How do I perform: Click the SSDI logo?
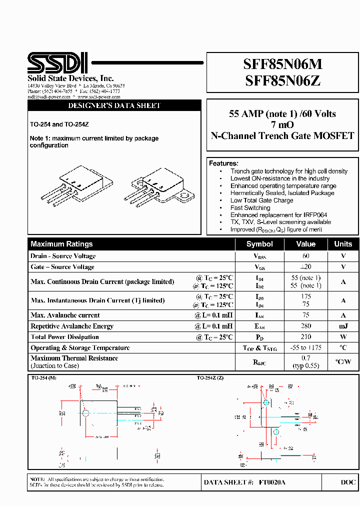[57, 63]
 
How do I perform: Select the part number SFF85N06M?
[282, 64]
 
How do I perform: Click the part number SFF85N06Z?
[282, 80]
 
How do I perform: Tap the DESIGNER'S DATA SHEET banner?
[114, 106]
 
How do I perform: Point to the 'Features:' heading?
[223, 163]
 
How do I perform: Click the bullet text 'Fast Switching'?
[250, 207]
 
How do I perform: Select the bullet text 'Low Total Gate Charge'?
[261, 200]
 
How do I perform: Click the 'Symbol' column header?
[259, 244]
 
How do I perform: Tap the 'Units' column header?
[343, 244]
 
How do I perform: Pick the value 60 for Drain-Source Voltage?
[305, 256]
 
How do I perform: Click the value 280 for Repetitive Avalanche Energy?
[305, 326]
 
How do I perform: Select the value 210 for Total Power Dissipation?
[305, 337]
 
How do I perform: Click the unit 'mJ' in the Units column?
[343, 326]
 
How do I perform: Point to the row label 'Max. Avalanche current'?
[65, 315]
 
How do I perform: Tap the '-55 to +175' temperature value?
[305, 348]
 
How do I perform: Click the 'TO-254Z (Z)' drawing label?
[210, 378]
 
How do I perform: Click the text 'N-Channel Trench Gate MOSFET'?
[282, 136]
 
